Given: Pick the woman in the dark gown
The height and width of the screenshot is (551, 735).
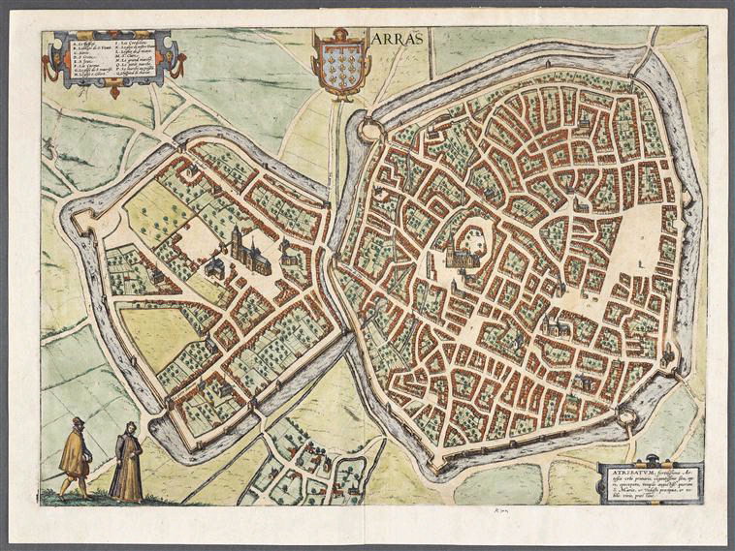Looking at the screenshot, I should pos(126,466).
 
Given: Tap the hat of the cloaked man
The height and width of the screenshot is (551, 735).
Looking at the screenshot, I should pos(77,422).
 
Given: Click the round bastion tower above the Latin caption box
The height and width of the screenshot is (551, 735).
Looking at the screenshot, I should pos(625,417).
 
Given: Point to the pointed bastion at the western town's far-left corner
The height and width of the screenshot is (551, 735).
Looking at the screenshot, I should pos(71,209).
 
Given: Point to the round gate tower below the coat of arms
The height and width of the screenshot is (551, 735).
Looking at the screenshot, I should pos(369,129).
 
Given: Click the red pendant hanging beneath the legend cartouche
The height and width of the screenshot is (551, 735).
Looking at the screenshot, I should pos(114,91).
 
